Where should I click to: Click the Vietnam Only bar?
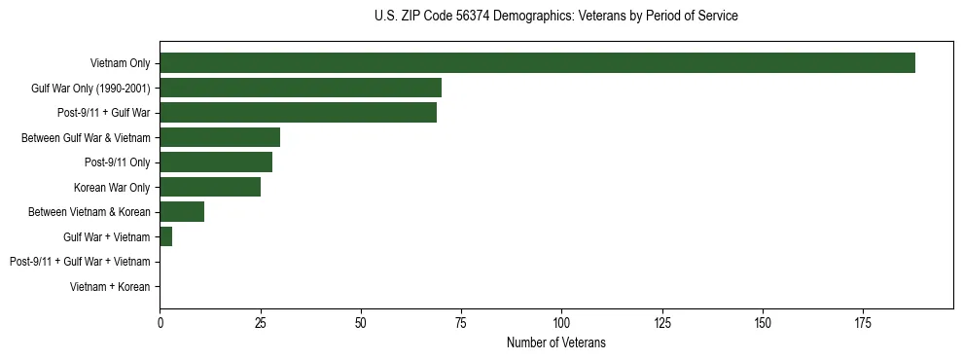pyautogui.click(x=537, y=62)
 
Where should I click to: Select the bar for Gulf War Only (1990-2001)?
pyautogui.click(x=301, y=88)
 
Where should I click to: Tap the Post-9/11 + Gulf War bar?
pyautogui.click(x=298, y=112)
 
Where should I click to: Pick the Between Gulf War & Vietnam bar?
pyautogui.click(x=220, y=137)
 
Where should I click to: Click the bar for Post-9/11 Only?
pyautogui.click(x=216, y=162)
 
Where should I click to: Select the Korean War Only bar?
pyautogui.click(x=210, y=187)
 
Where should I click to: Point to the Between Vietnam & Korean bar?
pyautogui.click(x=182, y=211)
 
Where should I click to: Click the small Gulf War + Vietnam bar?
pyautogui.click(x=166, y=236)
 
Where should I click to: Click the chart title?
pyautogui.click(x=555, y=17)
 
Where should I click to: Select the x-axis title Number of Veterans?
pyautogui.click(x=555, y=342)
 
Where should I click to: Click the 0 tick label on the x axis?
pyautogui.click(x=160, y=321)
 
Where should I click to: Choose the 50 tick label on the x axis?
pyautogui.click(x=361, y=321)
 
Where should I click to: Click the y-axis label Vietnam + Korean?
pyautogui.click(x=110, y=287)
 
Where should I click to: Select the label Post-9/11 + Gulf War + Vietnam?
pyautogui.click(x=80, y=262)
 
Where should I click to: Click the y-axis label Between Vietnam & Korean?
pyautogui.click(x=89, y=212)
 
